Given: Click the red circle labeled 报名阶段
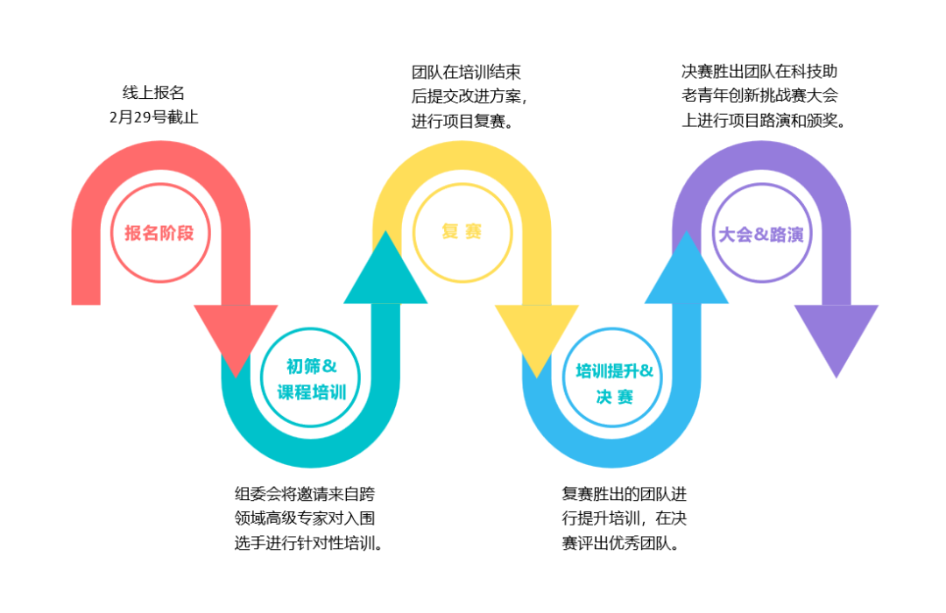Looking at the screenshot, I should click(x=160, y=233).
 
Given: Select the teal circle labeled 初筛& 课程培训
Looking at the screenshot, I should click(x=312, y=379).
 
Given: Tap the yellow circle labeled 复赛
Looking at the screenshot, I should click(x=462, y=232).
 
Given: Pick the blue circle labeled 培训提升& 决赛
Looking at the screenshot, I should click(x=613, y=383).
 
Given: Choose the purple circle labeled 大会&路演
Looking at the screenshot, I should click(x=761, y=234).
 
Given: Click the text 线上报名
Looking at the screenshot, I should click(x=153, y=93).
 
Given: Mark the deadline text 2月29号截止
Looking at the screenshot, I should click(x=153, y=116).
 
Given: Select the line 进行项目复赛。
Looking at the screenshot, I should click(x=462, y=121).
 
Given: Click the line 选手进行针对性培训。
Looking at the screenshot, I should click(x=310, y=543).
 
